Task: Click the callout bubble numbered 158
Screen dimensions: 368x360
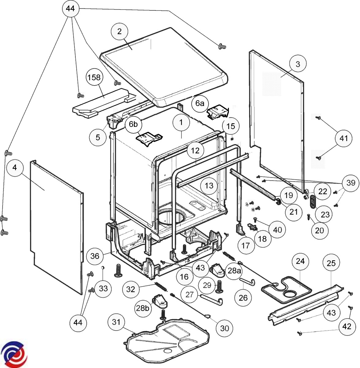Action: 94,78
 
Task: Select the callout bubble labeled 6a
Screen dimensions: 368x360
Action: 200,103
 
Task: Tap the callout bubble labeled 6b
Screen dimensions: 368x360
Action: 133,124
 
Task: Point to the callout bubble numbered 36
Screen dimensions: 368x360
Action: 95,255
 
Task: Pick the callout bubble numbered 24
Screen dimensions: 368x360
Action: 300,261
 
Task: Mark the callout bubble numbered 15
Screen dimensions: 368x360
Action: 231,126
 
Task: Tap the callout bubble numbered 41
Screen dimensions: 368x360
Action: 343,138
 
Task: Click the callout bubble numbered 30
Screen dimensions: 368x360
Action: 224,328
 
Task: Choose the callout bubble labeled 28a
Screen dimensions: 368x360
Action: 234,270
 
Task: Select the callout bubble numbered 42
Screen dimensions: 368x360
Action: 346,327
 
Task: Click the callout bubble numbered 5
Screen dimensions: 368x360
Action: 98,137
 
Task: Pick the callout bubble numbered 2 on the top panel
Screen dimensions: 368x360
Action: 119,31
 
